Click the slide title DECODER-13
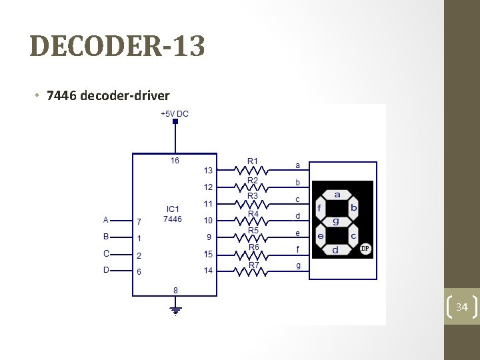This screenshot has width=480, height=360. (117, 47)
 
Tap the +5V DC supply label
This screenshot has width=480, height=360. (175, 113)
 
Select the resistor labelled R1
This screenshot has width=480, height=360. (253, 169)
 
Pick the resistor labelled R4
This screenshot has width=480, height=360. (253, 221)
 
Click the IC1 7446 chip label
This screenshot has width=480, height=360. (172, 214)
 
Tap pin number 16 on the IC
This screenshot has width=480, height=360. (175, 161)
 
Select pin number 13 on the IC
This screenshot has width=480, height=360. (209, 170)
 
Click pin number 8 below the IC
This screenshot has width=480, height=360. (175, 290)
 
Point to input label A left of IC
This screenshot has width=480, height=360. (105, 219)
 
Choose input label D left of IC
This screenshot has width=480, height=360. (105, 269)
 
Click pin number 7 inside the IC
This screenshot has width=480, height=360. (139, 221)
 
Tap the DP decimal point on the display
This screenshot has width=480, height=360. (365, 249)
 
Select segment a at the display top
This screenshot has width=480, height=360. (337, 194)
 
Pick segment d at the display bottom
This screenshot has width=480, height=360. (335, 249)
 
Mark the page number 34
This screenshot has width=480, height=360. (461, 307)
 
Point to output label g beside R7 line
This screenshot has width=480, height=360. (298, 266)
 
